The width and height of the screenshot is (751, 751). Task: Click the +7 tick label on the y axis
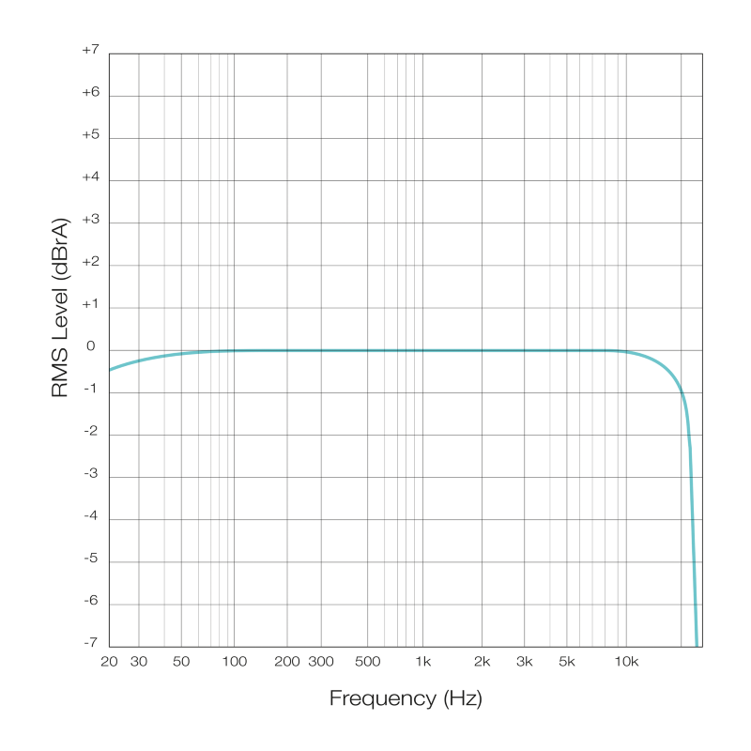point(90,52)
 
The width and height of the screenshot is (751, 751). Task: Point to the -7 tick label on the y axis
point(90,644)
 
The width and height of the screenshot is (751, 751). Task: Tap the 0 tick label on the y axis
point(92,348)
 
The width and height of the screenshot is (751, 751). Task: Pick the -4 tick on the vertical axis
point(90,517)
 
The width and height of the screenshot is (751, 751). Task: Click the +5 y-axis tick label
point(90,136)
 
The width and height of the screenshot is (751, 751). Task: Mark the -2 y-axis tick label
point(90,433)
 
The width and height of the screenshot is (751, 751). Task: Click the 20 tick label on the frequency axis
point(109,662)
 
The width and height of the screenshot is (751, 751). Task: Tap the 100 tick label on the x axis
point(234,662)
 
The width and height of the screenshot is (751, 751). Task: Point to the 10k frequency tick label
point(626,662)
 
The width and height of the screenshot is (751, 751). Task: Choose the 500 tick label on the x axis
point(368,662)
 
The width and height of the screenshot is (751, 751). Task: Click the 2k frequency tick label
point(483,662)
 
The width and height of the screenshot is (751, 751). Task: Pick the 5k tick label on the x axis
point(566,662)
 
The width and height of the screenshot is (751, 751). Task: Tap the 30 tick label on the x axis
point(138,662)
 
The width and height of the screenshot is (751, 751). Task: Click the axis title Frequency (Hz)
point(406,698)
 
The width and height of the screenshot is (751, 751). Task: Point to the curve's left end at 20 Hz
point(110,370)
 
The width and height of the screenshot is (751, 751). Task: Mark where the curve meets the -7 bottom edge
point(697,645)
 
